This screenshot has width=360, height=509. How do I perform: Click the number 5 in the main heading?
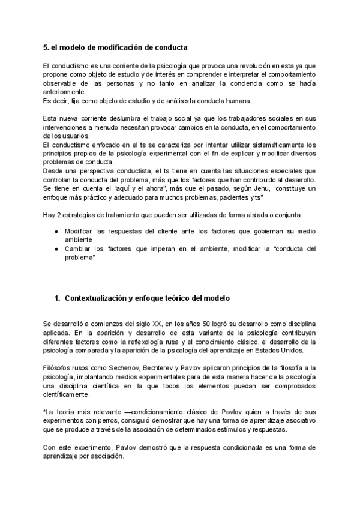point(46,46)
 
